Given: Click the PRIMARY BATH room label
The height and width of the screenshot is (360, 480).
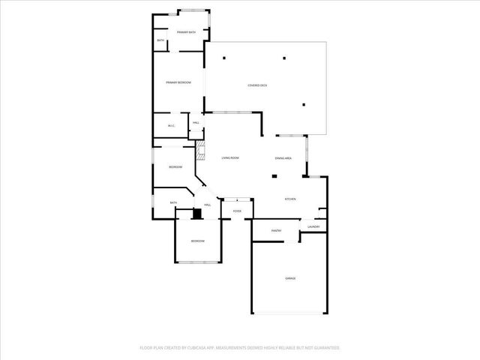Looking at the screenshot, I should (187, 32).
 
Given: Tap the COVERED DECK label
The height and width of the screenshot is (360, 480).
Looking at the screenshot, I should (257, 85).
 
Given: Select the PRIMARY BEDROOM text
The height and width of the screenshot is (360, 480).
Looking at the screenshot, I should (178, 82).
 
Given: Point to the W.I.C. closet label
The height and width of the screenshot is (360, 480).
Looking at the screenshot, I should (171, 125).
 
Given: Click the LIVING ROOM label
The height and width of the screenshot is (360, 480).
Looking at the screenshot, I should (229, 157).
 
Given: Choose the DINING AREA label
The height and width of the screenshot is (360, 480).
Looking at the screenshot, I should (283, 157).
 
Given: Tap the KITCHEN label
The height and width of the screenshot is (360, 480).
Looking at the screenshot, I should (289, 199).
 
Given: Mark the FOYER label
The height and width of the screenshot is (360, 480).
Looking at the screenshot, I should (237, 211).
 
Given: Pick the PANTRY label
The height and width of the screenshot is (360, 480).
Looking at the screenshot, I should (276, 231).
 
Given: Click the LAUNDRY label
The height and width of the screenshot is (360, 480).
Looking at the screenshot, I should (313, 226).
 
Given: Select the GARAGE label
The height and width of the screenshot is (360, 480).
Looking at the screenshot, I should (289, 278).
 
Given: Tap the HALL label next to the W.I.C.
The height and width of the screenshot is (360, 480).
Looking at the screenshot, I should (196, 122).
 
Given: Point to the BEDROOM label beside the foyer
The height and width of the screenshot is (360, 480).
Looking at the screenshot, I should (197, 241).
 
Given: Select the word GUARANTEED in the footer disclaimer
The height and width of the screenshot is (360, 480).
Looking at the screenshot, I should (324, 348).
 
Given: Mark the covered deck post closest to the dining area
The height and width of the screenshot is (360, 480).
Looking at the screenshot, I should (304, 105).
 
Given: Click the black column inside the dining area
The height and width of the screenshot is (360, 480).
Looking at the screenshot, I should (274, 176).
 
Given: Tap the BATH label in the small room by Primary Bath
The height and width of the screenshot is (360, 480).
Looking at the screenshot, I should (160, 40).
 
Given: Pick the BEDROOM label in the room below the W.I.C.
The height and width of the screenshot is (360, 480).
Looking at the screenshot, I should (175, 166).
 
